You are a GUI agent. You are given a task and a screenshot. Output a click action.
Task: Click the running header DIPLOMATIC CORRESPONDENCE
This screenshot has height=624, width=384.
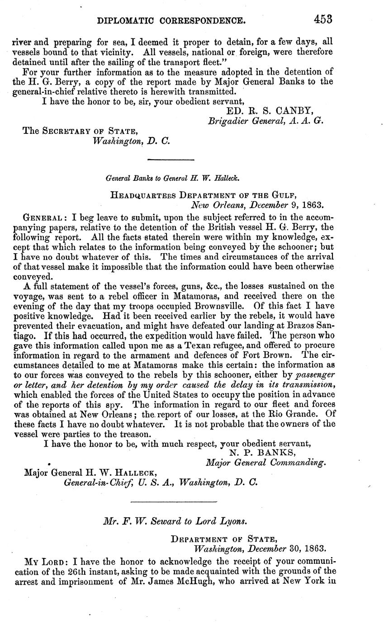coord(172,20)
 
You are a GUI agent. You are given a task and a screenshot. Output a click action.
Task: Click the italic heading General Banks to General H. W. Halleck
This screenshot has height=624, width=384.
coord(169,179)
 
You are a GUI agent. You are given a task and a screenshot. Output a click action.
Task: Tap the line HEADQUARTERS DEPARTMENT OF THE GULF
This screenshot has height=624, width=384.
coord(204,195)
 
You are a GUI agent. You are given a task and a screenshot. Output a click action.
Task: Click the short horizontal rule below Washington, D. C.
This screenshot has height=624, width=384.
coord(171,159)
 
